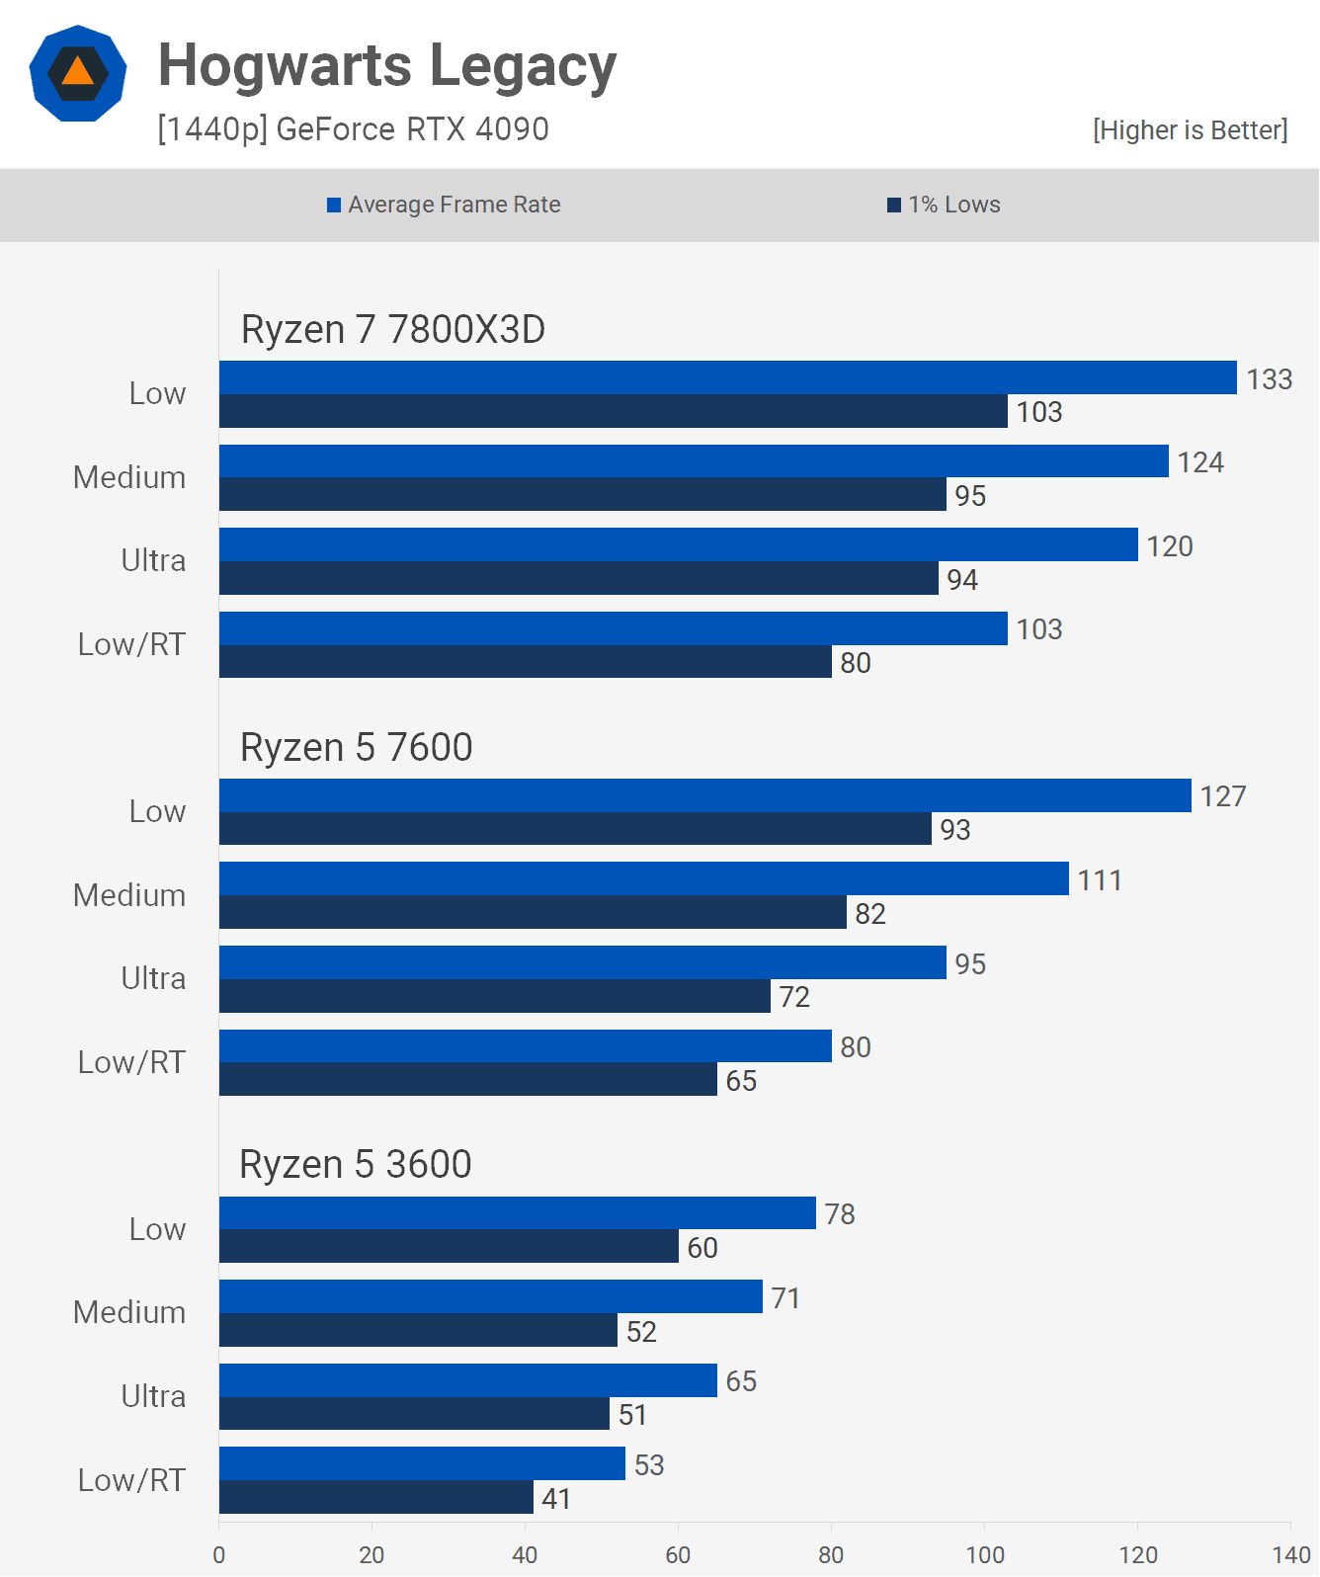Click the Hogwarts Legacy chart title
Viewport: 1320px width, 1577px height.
[387, 66]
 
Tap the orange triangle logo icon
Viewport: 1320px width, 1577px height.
[78, 73]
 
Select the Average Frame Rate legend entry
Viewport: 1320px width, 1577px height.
[444, 205]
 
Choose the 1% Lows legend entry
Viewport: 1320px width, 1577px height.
[944, 205]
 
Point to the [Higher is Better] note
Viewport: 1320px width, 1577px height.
[1190, 130]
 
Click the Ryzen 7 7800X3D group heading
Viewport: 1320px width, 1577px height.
[393, 329]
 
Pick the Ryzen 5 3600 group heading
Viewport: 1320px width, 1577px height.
[356, 1164]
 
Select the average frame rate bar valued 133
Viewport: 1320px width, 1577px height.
[727, 377]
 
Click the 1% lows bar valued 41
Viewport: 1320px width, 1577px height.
[375, 1497]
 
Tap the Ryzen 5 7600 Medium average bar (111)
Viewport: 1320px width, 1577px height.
[643, 878]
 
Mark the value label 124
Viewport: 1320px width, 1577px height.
[1200, 462]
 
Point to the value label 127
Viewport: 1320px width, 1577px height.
[1223, 796]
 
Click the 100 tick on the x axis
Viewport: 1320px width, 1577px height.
[985, 1554]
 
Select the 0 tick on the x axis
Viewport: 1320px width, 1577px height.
[219, 1554]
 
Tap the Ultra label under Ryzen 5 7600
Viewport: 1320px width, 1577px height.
[153, 978]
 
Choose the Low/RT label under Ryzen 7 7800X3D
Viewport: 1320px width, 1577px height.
[131, 644]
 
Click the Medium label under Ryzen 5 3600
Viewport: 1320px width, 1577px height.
[129, 1312]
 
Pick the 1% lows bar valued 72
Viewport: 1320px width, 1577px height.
[494, 996]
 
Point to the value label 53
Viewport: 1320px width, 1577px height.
[649, 1464]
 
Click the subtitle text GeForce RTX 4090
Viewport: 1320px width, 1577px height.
[412, 129]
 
